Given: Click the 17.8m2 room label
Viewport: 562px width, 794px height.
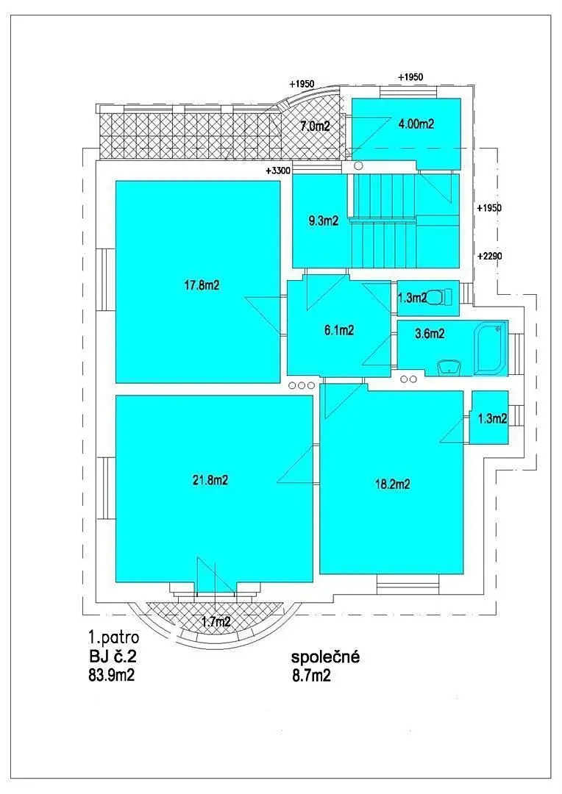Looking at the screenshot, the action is pyautogui.click(x=202, y=285).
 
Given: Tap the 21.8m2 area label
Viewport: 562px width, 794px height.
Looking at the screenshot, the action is pyautogui.click(x=210, y=479).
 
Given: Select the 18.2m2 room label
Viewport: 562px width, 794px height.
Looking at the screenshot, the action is pyautogui.click(x=392, y=484).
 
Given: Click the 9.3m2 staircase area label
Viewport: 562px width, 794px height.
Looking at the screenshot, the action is pyautogui.click(x=324, y=221).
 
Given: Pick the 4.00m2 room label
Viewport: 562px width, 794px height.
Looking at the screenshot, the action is pyautogui.click(x=416, y=124).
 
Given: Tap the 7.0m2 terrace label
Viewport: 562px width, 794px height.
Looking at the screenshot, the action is pyautogui.click(x=315, y=126).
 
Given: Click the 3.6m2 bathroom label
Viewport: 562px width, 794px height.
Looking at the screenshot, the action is pyautogui.click(x=430, y=334).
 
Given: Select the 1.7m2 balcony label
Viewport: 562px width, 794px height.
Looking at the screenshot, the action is pyautogui.click(x=216, y=622).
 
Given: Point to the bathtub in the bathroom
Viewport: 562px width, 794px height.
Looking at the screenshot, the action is pyautogui.click(x=490, y=349).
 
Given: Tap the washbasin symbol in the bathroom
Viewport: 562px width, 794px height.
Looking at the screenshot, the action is pyautogui.click(x=449, y=367).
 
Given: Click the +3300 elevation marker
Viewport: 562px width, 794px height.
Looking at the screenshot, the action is pyautogui.click(x=278, y=171).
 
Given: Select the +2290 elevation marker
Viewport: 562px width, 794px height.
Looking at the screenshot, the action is pyautogui.click(x=489, y=257).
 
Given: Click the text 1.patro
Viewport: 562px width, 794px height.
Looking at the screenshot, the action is pyautogui.click(x=114, y=637).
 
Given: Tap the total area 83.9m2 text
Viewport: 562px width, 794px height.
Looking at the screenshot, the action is pyautogui.click(x=112, y=675).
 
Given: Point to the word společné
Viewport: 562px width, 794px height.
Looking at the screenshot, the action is pyautogui.click(x=325, y=657).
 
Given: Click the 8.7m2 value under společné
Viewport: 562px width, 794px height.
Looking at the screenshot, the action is pyautogui.click(x=311, y=676).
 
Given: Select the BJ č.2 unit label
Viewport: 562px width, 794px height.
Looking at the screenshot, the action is pyautogui.click(x=113, y=657).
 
